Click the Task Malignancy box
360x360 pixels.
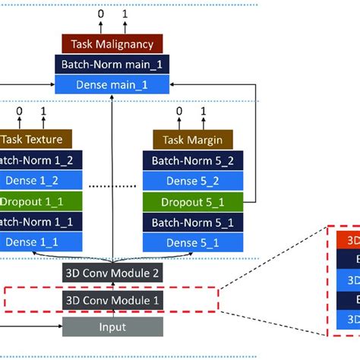(112, 44)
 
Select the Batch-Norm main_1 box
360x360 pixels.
(112, 64)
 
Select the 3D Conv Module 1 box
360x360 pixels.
(112, 300)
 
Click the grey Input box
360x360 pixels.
(112, 327)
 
